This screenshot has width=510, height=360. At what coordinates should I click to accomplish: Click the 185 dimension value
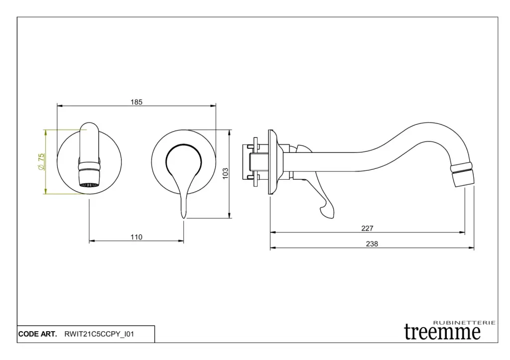136,102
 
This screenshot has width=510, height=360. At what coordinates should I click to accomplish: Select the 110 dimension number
136,237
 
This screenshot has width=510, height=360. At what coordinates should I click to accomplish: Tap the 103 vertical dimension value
225,173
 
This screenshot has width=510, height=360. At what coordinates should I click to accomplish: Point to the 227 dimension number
368,228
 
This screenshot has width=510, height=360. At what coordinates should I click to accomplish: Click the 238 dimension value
372,243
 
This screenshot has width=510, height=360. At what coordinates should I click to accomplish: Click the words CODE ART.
38,334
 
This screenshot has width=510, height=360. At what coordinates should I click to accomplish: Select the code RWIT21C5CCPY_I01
99,334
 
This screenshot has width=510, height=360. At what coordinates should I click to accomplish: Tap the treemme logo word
442,332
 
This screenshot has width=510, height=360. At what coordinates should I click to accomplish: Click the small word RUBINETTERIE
465,323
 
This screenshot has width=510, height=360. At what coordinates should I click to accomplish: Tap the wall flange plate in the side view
271,162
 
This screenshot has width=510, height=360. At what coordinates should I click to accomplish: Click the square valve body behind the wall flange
255,161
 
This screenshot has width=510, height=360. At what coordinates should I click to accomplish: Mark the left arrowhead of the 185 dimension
59,106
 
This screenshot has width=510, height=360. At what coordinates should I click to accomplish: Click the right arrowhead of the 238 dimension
472,248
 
